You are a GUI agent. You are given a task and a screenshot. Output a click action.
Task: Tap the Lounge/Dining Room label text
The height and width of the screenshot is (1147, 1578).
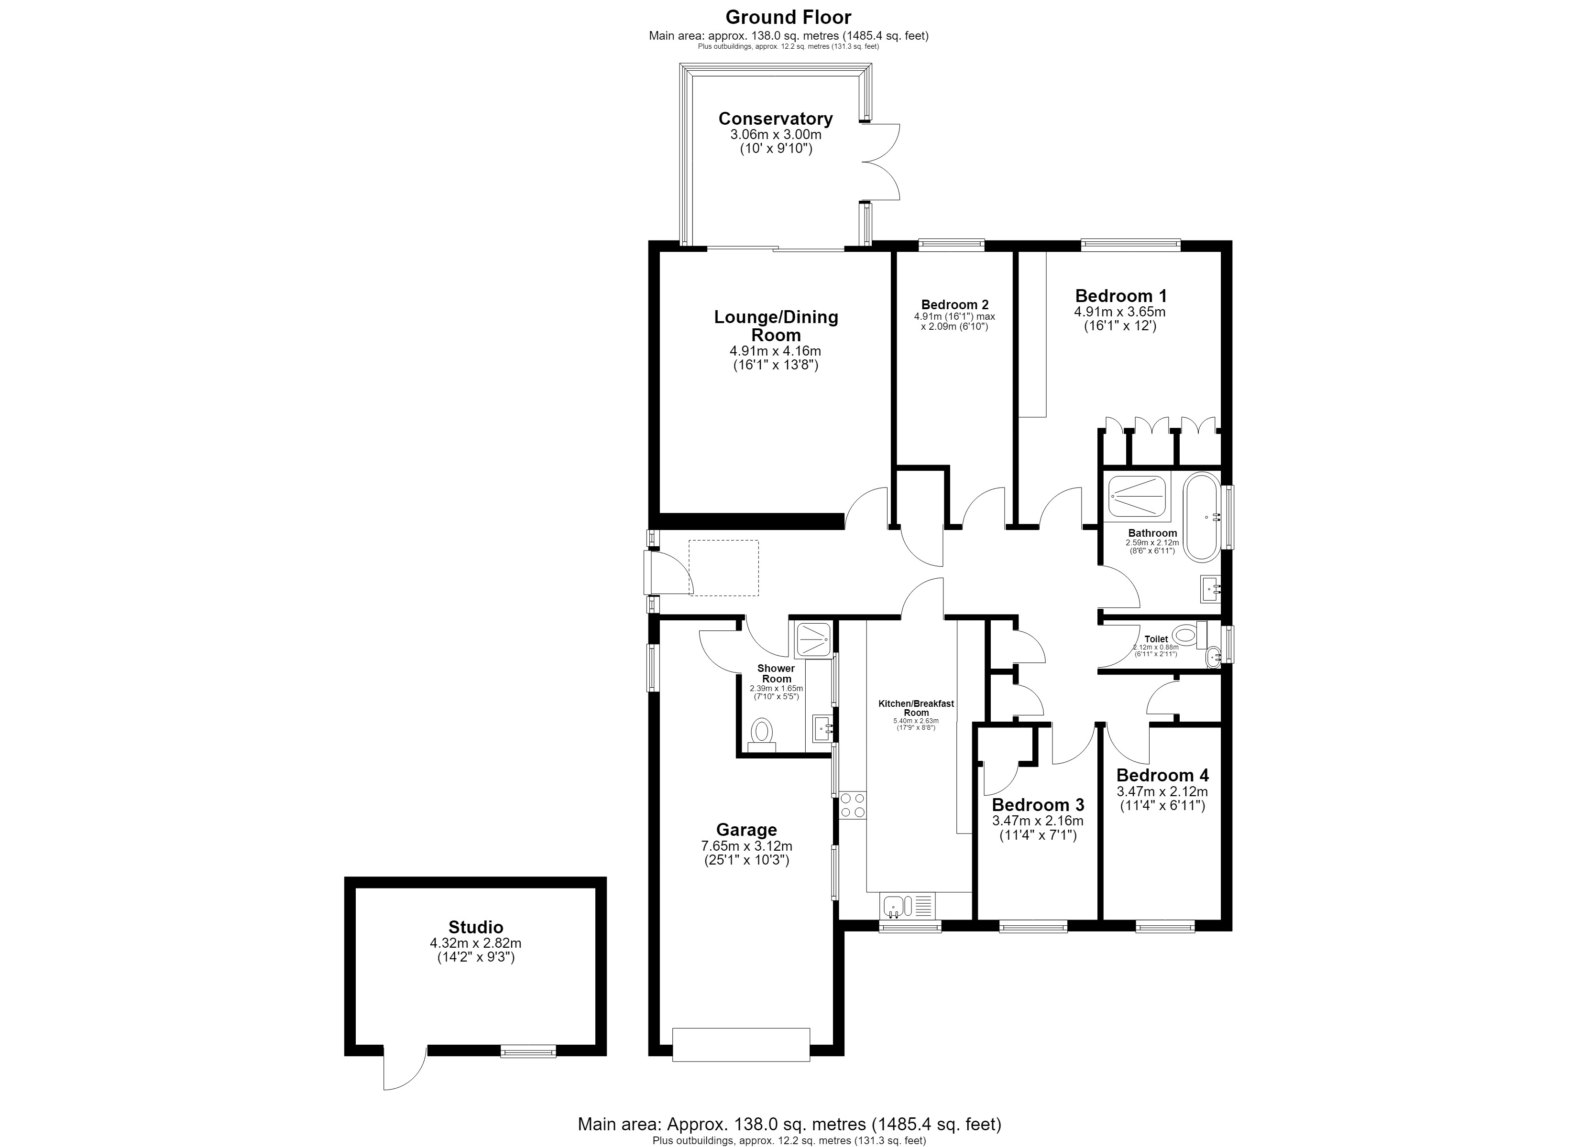tap(776, 325)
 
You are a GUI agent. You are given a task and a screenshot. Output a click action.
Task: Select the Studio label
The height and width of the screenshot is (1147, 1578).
tap(475, 927)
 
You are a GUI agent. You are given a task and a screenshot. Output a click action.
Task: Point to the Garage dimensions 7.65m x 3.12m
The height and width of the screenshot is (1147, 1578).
tap(746, 846)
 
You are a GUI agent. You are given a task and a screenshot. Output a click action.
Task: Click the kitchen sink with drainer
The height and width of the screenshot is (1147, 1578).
tap(907, 906)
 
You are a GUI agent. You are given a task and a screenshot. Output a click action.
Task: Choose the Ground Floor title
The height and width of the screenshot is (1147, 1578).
tap(789, 17)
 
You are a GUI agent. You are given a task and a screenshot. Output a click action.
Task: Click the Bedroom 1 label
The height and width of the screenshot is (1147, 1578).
tap(1121, 296)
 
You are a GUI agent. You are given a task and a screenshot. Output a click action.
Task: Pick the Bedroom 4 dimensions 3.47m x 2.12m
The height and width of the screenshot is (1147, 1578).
tap(1162, 791)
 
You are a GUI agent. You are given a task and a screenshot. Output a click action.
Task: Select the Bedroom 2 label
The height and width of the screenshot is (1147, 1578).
tap(954, 304)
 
